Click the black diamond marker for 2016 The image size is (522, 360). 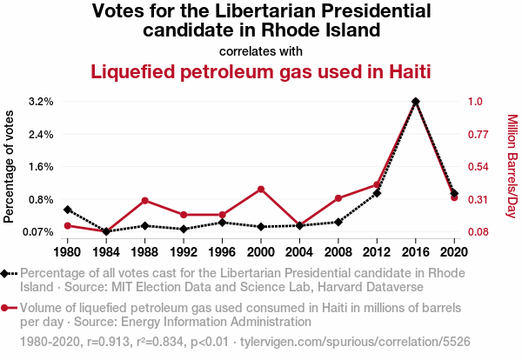click(x=416, y=102)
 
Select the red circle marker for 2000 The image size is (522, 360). click(x=261, y=189)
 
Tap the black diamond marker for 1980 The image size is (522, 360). click(x=67, y=210)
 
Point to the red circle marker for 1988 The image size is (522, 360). click(x=144, y=201)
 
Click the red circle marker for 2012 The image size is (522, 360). click(x=377, y=184)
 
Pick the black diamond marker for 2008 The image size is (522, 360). click(x=338, y=222)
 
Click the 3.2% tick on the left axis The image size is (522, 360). click(x=41, y=102)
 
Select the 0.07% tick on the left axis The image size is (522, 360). click(x=37, y=232)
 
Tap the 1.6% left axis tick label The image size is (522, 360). click(x=41, y=167)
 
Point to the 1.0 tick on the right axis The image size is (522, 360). click(x=475, y=102)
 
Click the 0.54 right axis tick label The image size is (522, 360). click(x=478, y=167)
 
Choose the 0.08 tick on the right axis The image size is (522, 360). click(x=478, y=232)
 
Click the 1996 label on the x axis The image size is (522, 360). click(x=222, y=252)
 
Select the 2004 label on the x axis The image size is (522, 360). click(x=299, y=252)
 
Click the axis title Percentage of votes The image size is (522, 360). click(x=10, y=167)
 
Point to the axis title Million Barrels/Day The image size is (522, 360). click(x=512, y=167)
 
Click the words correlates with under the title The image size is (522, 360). click(x=261, y=50)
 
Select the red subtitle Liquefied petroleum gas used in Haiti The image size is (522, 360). click(x=261, y=71)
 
